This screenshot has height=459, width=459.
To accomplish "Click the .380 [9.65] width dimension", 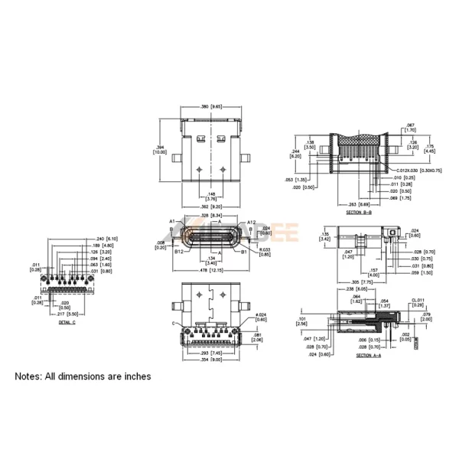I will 210,107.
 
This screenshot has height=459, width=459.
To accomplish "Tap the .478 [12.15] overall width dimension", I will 210,270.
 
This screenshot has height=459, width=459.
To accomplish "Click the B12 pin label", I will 178,250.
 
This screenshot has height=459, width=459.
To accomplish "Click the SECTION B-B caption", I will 358,212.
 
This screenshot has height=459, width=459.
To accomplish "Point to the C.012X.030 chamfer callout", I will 419,171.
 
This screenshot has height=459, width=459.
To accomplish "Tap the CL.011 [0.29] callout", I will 417,303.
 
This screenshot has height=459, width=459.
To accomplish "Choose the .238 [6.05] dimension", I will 353,290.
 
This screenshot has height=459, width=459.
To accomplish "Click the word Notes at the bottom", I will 32,376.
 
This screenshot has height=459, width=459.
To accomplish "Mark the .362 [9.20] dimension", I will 210,207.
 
